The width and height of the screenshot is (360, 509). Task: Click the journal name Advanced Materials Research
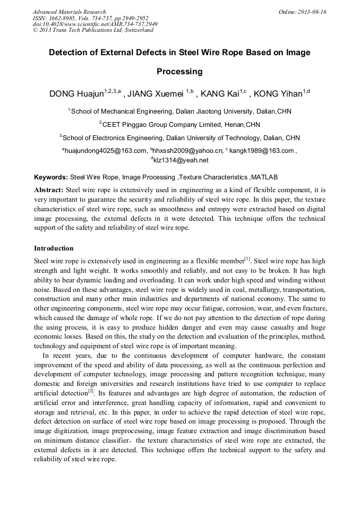tap(69, 12)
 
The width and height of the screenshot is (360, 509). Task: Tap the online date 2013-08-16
tap(302, 12)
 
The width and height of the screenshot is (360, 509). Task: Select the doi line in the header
tap(95, 24)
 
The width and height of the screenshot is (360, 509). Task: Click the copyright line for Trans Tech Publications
tap(93, 30)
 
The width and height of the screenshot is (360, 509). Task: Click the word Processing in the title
tap(179, 71)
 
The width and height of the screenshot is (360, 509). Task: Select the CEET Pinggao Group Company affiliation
tap(179, 125)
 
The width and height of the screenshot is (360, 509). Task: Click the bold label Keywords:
tap(51, 177)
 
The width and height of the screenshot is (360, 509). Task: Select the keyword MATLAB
tap(264, 177)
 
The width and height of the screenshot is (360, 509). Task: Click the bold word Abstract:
tap(49, 189)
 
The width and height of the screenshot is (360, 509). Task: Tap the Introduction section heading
tap(54, 248)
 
